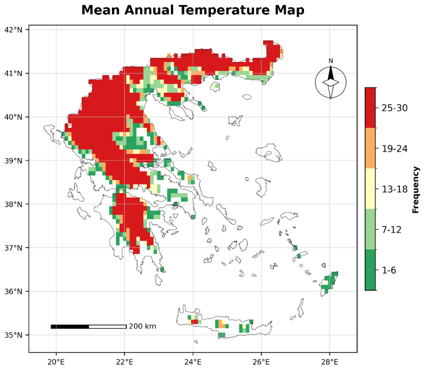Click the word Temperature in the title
[x=224, y=11]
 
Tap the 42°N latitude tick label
[x=13, y=30]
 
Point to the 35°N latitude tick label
[x=13, y=335]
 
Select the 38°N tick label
[x=13, y=204]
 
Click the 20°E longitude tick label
[x=56, y=362]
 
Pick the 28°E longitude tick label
[x=329, y=362]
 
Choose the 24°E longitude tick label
[x=193, y=362]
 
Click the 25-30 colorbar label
[x=395, y=108]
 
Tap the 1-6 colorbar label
[x=389, y=270]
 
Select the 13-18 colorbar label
[x=395, y=189]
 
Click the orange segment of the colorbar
[x=370, y=148]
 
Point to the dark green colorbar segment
[x=370, y=270]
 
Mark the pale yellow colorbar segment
[x=370, y=188]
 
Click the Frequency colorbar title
[x=416, y=190]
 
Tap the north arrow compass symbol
[x=331, y=82]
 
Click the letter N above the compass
[x=331, y=61]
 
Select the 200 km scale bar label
[x=143, y=326]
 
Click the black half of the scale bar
[x=70, y=327]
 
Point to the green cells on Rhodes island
[x=329, y=282]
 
